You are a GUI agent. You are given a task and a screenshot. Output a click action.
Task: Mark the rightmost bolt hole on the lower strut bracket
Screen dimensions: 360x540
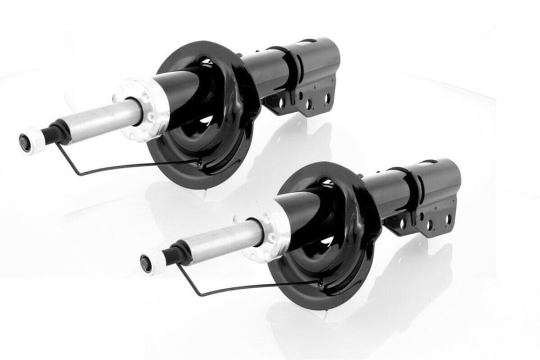[448, 219]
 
